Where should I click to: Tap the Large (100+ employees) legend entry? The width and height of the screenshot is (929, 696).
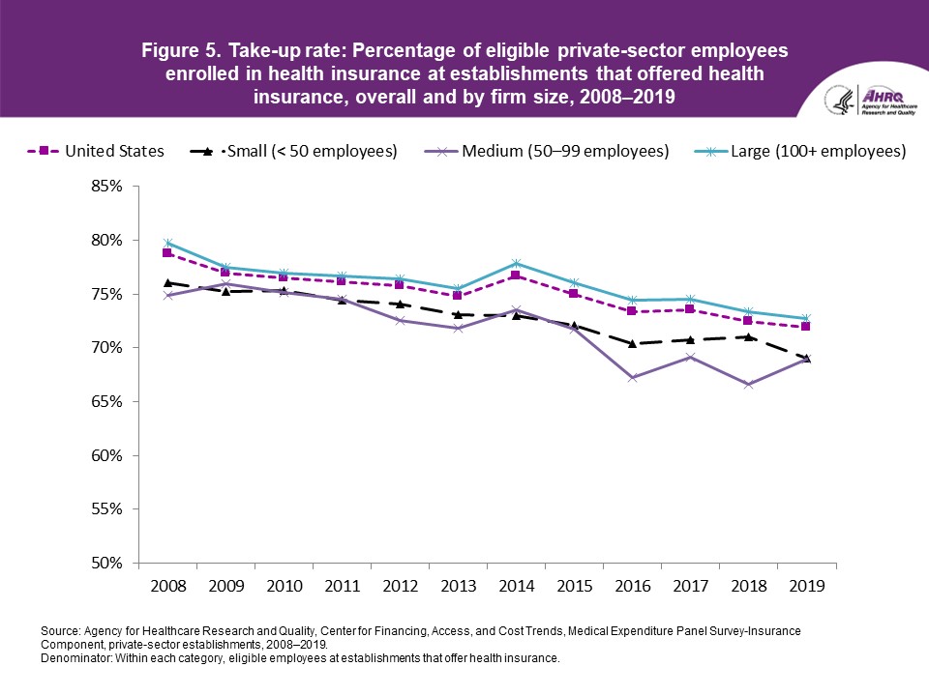(x=798, y=151)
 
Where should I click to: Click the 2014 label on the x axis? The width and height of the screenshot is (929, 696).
(x=516, y=586)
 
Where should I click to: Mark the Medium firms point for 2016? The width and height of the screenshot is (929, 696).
(x=632, y=378)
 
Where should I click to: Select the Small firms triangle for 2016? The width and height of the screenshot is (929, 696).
(x=632, y=343)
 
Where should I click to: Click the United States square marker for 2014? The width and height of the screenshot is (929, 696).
(x=516, y=275)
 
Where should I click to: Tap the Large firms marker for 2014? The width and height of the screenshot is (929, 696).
(x=516, y=263)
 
